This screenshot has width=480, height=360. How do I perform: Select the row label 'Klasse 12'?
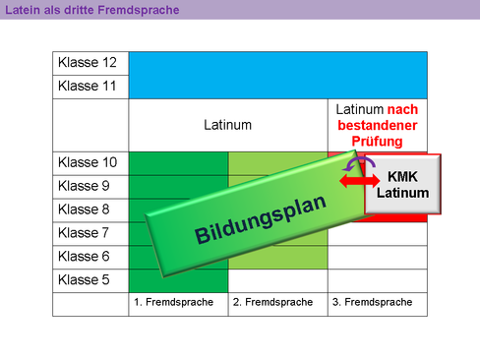click(x=88, y=63)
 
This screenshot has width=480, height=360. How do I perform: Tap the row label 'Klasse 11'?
click(x=88, y=87)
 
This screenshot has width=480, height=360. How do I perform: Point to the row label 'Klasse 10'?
click(x=88, y=162)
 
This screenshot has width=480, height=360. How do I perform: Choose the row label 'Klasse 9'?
click(x=85, y=186)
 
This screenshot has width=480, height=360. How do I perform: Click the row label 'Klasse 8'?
click(x=85, y=210)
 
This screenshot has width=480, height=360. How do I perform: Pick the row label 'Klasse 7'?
click(x=85, y=233)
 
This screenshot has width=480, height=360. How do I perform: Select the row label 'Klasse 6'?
click(x=85, y=257)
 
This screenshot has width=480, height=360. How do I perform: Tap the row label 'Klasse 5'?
click(x=85, y=280)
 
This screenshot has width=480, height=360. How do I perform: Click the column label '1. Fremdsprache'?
click(x=172, y=302)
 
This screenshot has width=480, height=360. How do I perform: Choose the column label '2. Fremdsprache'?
click(x=272, y=302)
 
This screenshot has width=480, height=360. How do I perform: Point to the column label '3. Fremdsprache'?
click(x=372, y=302)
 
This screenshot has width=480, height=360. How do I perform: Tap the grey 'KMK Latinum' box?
click(x=402, y=184)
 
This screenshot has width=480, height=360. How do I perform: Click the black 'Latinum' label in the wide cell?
click(x=226, y=125)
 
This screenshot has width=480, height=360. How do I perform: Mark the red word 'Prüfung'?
click(x=377, y=142)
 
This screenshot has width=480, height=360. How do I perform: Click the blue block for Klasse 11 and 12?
click(x=278, y=75)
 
